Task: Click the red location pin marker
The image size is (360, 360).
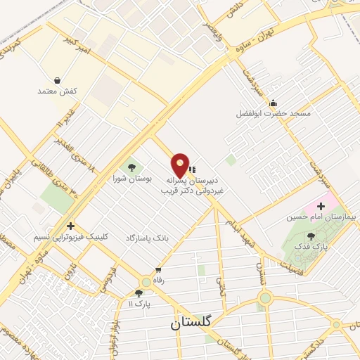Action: click(x=181, y=165)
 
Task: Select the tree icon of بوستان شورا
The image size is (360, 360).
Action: click(x=131, y=167)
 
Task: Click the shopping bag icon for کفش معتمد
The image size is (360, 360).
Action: click(x=57, y=80)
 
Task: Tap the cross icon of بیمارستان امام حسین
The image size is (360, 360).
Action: click(x=321, y=206)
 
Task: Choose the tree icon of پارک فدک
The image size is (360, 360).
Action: click(x=311, y=235)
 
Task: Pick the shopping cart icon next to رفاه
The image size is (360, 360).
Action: click(x=158, y=269)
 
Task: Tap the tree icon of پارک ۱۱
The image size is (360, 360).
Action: click(x=139, y=292)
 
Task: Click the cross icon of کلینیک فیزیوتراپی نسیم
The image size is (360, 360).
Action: click(x=70, y=226)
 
